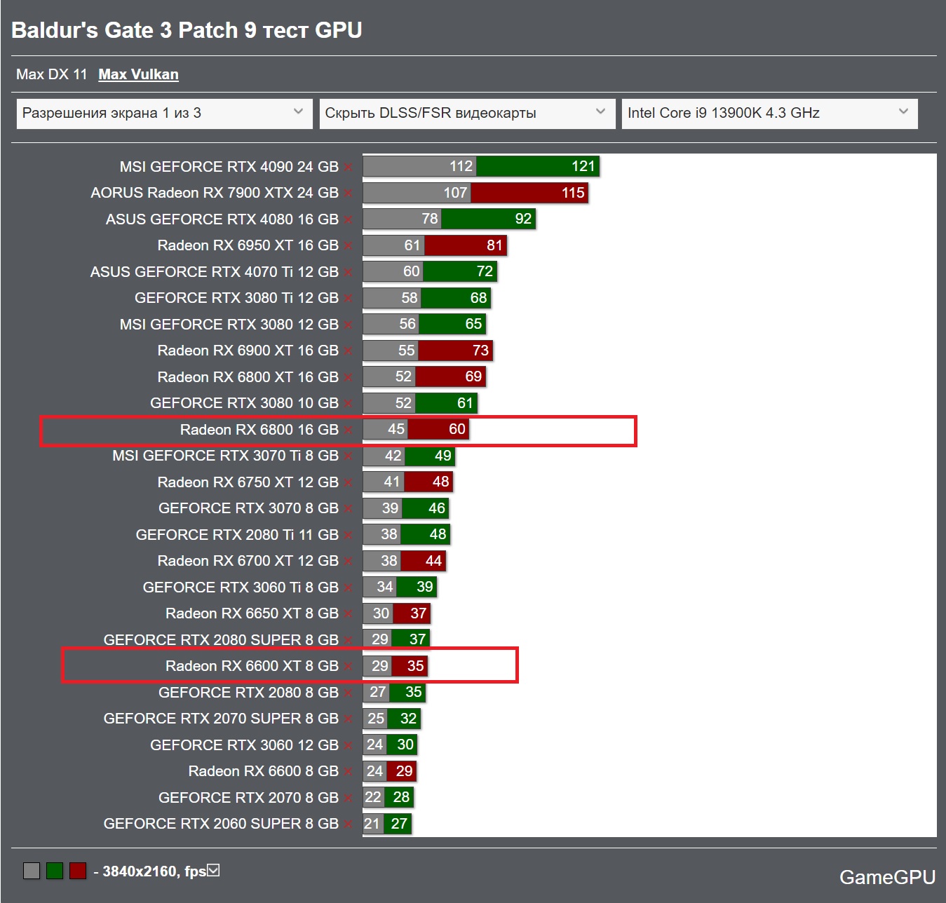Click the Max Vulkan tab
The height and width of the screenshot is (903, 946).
(x=138, y=74)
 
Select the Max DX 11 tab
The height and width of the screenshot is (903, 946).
(x=52, y=74)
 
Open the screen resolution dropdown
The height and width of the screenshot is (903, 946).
(x=164, y=114)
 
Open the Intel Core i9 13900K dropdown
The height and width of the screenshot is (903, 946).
(x=769, y=114)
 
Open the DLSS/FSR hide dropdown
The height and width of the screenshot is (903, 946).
(x=466, y=114)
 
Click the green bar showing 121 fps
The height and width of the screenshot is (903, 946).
(x=538, y=166)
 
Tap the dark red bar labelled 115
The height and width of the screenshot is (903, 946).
(x=529, y=193)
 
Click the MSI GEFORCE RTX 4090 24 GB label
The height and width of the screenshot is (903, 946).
(x=229, y=167)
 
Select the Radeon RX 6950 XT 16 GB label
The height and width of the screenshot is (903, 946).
(x=248, y=245)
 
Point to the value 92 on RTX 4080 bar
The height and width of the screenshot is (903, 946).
(x=523, y=219)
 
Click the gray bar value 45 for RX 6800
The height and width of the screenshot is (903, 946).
(x=396, y=429)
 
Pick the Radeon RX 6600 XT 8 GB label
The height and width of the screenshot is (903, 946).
(x=252, y=666)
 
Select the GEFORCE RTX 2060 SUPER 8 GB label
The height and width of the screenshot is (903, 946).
(x=221, y=824)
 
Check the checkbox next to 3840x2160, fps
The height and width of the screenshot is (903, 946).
(x=214, y=870)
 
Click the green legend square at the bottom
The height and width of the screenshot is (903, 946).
(x=55, y=871)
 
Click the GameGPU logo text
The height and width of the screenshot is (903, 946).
(x=887, y=877)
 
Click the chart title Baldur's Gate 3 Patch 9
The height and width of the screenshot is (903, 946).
(x=187, y=30)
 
